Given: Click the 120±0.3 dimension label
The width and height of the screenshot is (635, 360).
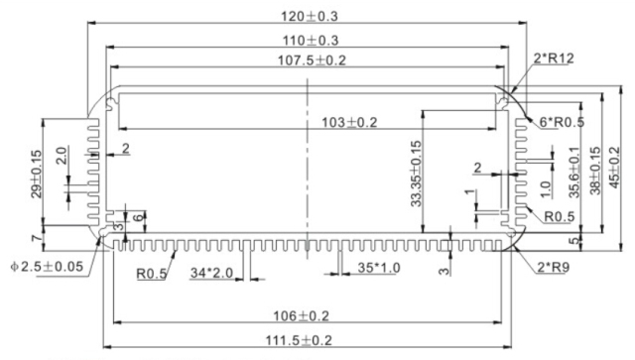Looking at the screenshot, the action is coord(310,16).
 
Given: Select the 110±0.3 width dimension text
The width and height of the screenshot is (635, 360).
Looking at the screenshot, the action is coord(311,41).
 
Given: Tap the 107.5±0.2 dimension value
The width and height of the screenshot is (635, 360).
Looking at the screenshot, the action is coord(312,60).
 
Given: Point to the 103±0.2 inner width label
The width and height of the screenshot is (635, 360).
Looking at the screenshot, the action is coord(349,122).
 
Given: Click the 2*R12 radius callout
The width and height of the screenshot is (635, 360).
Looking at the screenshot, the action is coord(554,59).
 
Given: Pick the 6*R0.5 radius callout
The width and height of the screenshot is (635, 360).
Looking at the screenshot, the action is coord(563,121).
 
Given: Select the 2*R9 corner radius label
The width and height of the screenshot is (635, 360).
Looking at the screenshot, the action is coord(554,267).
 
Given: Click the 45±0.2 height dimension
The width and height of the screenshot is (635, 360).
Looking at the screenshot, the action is coord(614,168).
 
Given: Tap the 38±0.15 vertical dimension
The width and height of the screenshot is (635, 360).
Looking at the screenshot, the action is coord(595,171).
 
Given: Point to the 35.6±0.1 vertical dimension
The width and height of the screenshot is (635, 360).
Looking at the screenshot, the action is coord(574,173).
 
